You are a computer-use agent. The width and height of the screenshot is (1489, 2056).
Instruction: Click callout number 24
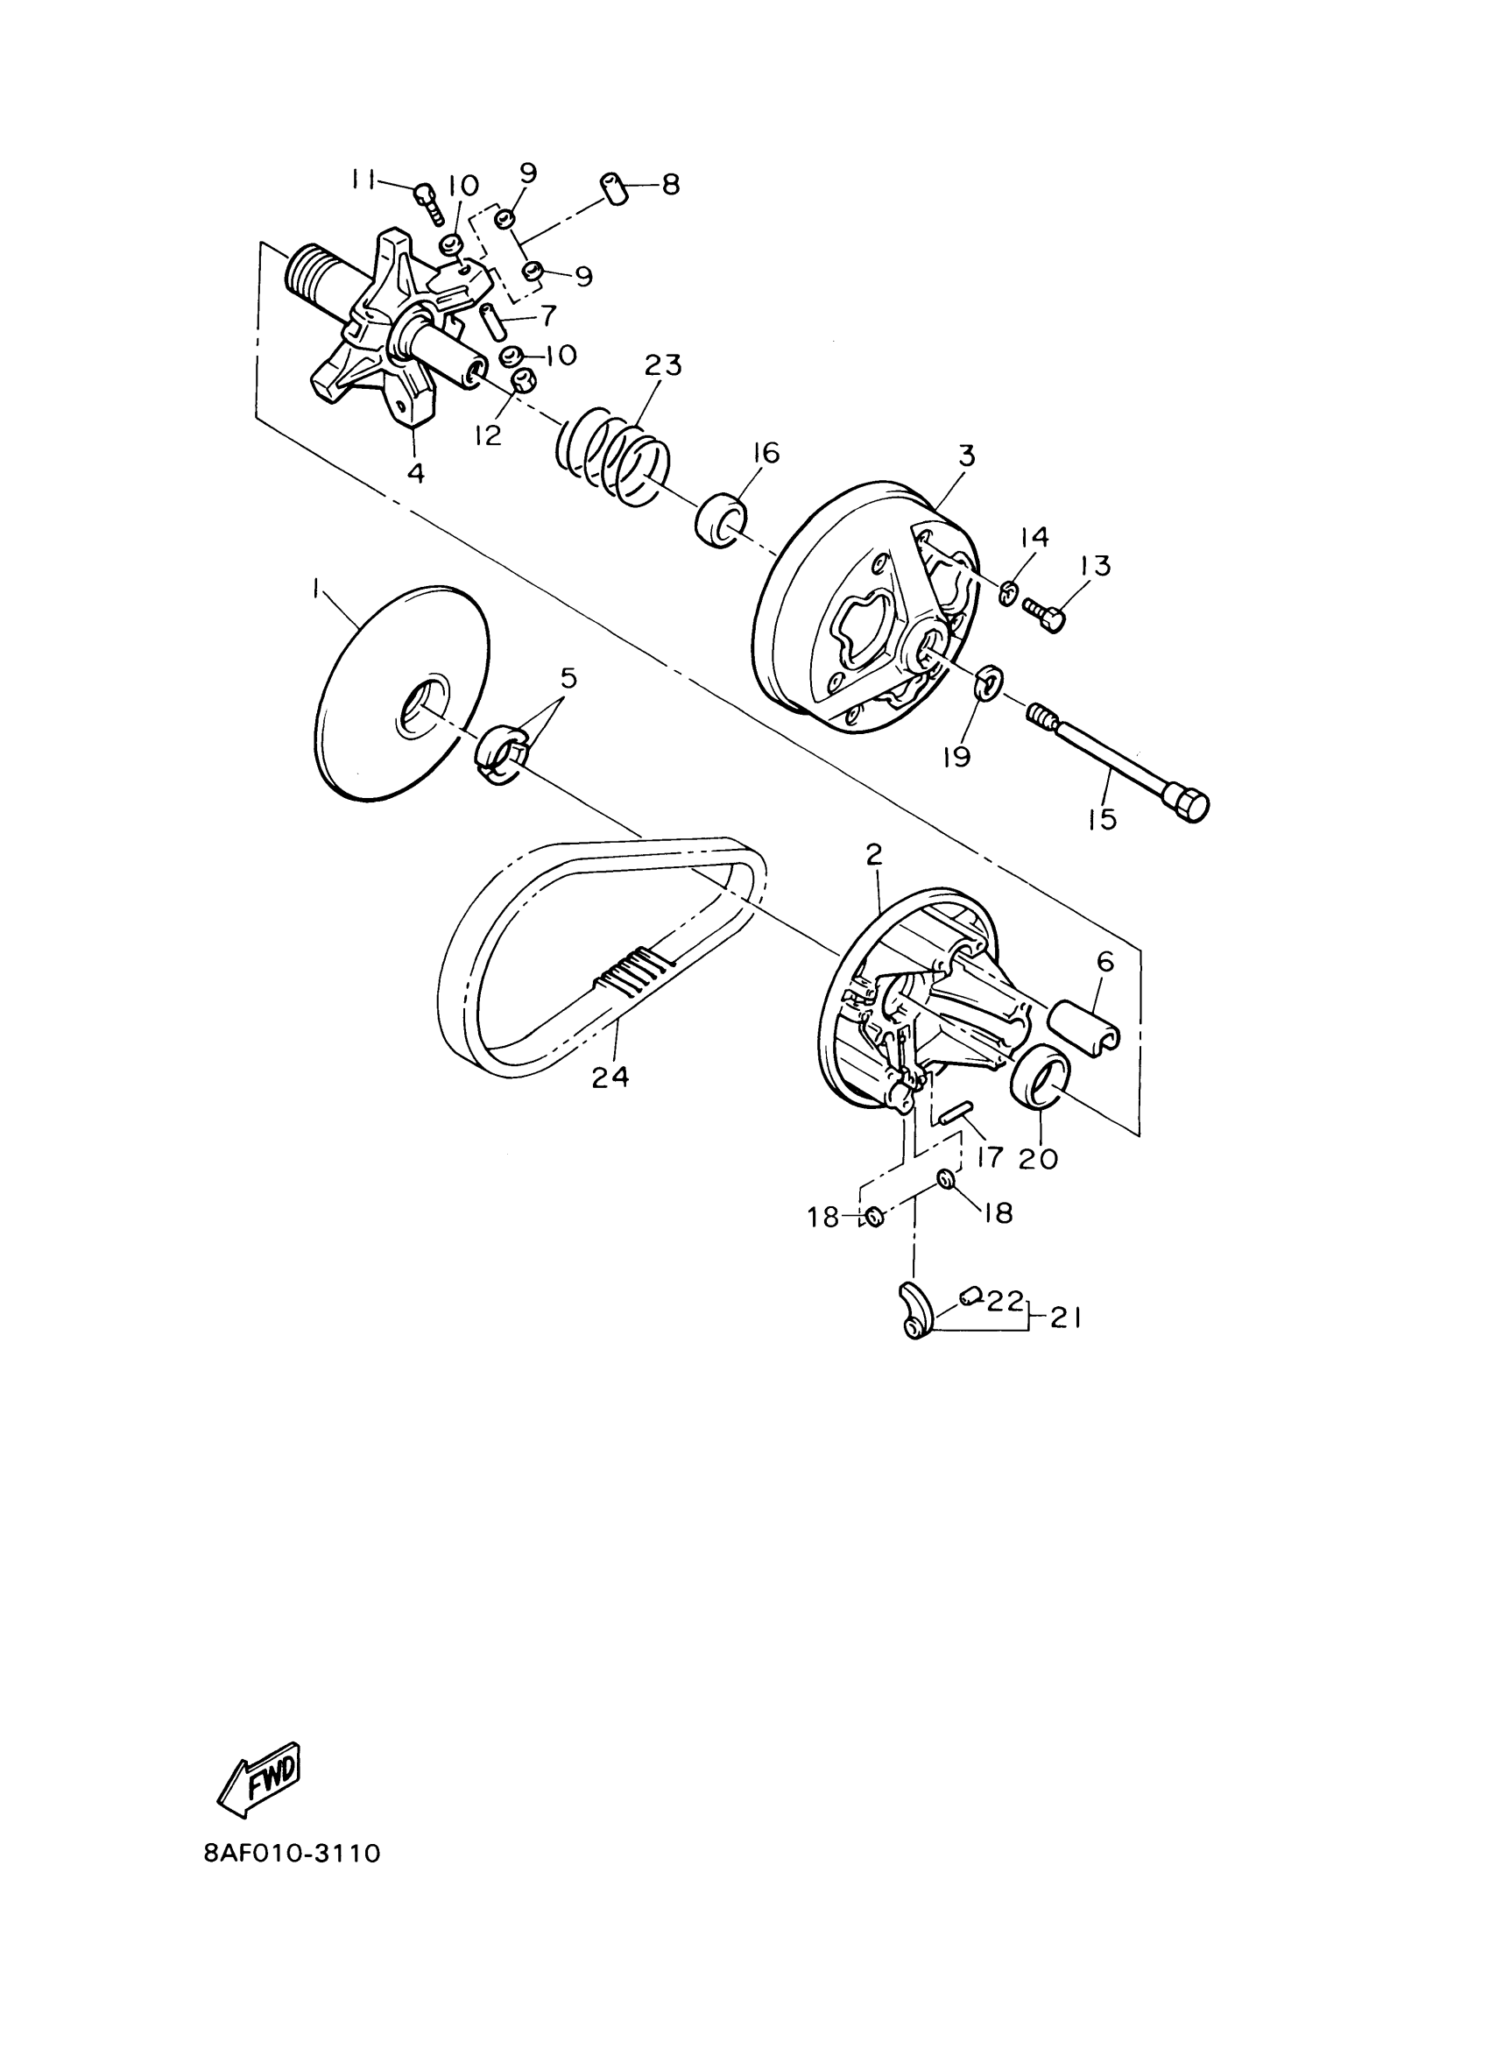[x=610, y=1076]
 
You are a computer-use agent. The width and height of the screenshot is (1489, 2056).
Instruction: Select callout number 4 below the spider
[x=415, y=473]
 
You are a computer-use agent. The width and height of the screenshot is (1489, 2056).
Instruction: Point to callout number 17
[x=990, y=1156]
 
